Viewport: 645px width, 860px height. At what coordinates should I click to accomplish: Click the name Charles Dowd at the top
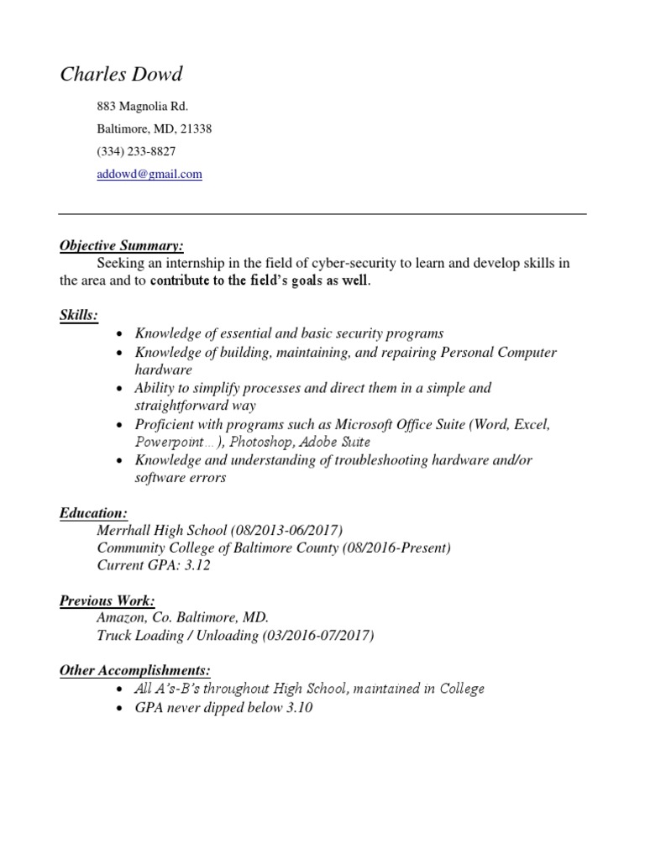(121, 75)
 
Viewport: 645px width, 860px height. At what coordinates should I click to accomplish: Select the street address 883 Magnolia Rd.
(143, 107)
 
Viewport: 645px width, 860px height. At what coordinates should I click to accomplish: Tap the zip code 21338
(196, 129)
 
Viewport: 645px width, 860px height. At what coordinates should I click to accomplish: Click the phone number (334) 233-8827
(137, 151)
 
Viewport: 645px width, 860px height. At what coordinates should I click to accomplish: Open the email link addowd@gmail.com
(150, 174)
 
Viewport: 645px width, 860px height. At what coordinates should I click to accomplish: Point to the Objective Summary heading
(121, 245)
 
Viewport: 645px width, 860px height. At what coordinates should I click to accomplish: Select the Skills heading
(78, 315)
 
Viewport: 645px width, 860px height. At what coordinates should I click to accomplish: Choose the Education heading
(93, 512)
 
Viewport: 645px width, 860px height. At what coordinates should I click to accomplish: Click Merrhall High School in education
(162, 530)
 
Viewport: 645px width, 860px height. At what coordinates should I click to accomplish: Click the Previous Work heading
(107, 600)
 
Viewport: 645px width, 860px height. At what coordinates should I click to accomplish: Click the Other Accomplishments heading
(134, 670)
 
